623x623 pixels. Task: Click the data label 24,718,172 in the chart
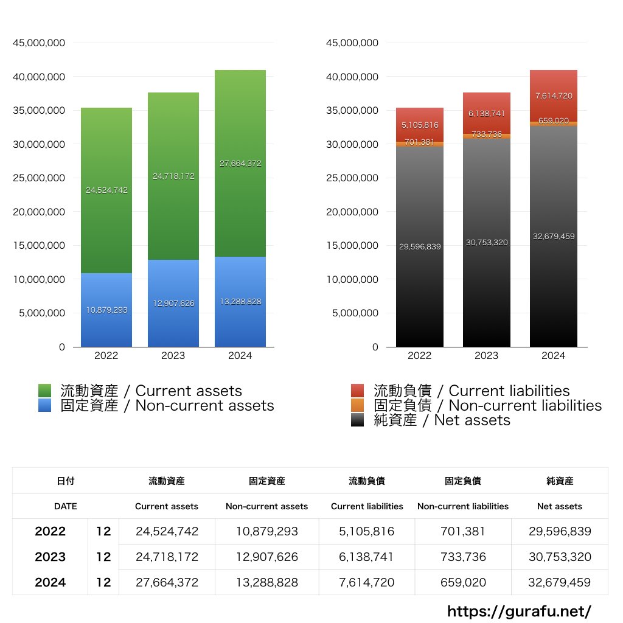point(174,176)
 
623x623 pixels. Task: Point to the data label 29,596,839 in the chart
point(420,247)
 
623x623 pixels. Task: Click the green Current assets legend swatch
point(44,391)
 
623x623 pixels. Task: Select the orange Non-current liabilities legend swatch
point(358,405)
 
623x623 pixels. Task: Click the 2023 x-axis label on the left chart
point(173,356)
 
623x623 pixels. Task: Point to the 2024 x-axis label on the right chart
point(553,356)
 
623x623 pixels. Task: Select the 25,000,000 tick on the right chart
point(352,178)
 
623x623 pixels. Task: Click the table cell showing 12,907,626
point(267,557)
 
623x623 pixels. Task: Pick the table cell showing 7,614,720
point(367,583)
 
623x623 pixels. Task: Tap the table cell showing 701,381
point(463,532)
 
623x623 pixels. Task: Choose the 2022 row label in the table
point(50,532)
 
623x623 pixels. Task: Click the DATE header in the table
point(65,506)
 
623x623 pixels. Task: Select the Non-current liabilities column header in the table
point(463,506)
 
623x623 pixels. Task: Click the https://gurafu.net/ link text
point(519,611)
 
